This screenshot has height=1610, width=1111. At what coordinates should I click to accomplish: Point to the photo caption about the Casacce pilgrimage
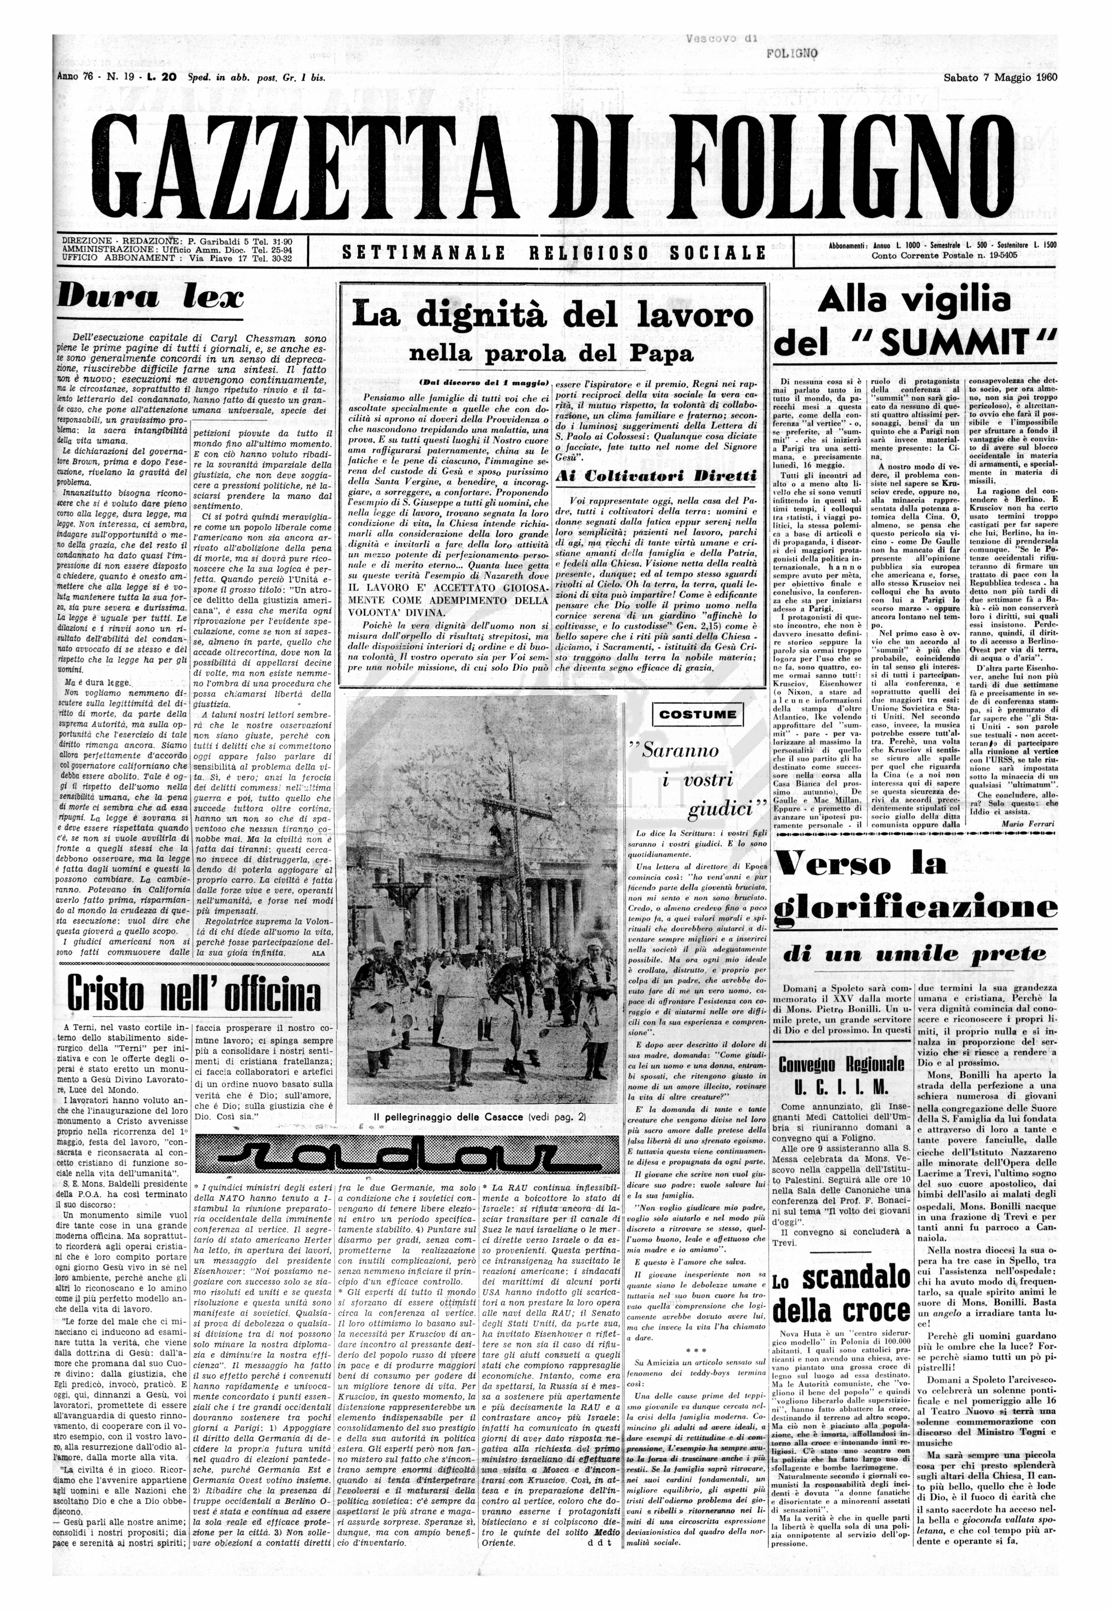coord(480,1117)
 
